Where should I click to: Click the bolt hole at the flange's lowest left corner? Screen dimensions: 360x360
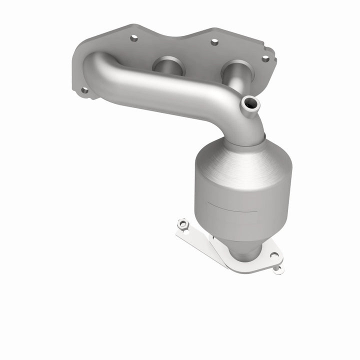[x=84, y=90]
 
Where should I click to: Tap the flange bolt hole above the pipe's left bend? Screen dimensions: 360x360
[x=133, y=38]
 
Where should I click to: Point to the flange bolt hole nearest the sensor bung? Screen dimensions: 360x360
[x=265, y=58]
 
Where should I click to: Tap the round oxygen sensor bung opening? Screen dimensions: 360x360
[x=250, y=103]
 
